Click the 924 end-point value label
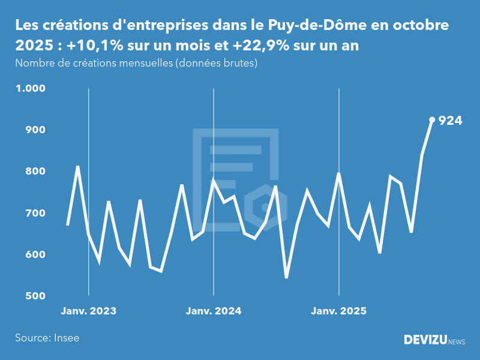click(451, 121)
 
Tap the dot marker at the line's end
click(432, 119)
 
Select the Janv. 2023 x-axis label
click(89, 311)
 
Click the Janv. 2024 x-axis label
click(214, 311)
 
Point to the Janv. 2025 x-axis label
click(339, 311)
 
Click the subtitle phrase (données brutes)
click(216, 63)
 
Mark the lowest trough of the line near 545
click(286, 277)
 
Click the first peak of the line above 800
click(78, 167)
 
